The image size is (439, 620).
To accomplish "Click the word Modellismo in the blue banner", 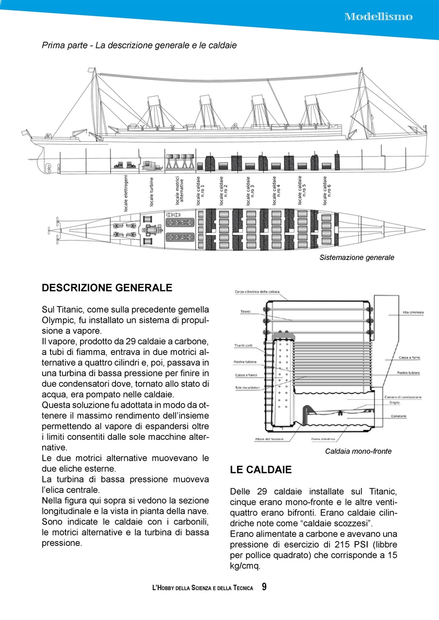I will [378, 16].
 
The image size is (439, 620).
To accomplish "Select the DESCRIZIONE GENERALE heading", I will [107, 288].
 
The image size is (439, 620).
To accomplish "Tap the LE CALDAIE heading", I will [260, 470].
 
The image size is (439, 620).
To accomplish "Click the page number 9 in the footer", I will [264, 587].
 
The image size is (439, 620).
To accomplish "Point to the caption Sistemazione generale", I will [357, 258].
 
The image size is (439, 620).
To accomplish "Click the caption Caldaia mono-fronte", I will [358, 451].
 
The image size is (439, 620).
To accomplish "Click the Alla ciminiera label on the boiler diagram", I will [413, 312].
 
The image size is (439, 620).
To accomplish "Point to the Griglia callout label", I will [394, 403].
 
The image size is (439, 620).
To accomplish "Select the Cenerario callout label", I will [397, 416].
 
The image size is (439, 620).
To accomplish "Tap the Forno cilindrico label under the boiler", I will [323, 439].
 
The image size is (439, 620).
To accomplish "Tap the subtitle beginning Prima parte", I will [139, 46].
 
